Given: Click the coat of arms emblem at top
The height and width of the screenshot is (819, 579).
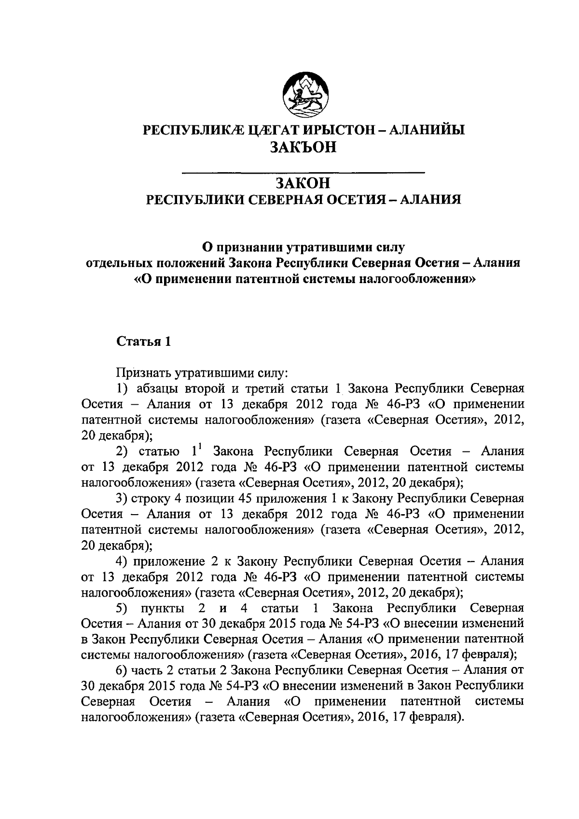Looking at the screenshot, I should click(305, 94).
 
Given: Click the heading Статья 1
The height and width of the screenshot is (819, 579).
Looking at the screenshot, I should click(144, 342).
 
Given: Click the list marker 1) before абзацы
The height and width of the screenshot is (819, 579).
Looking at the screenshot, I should click(123, 389).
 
